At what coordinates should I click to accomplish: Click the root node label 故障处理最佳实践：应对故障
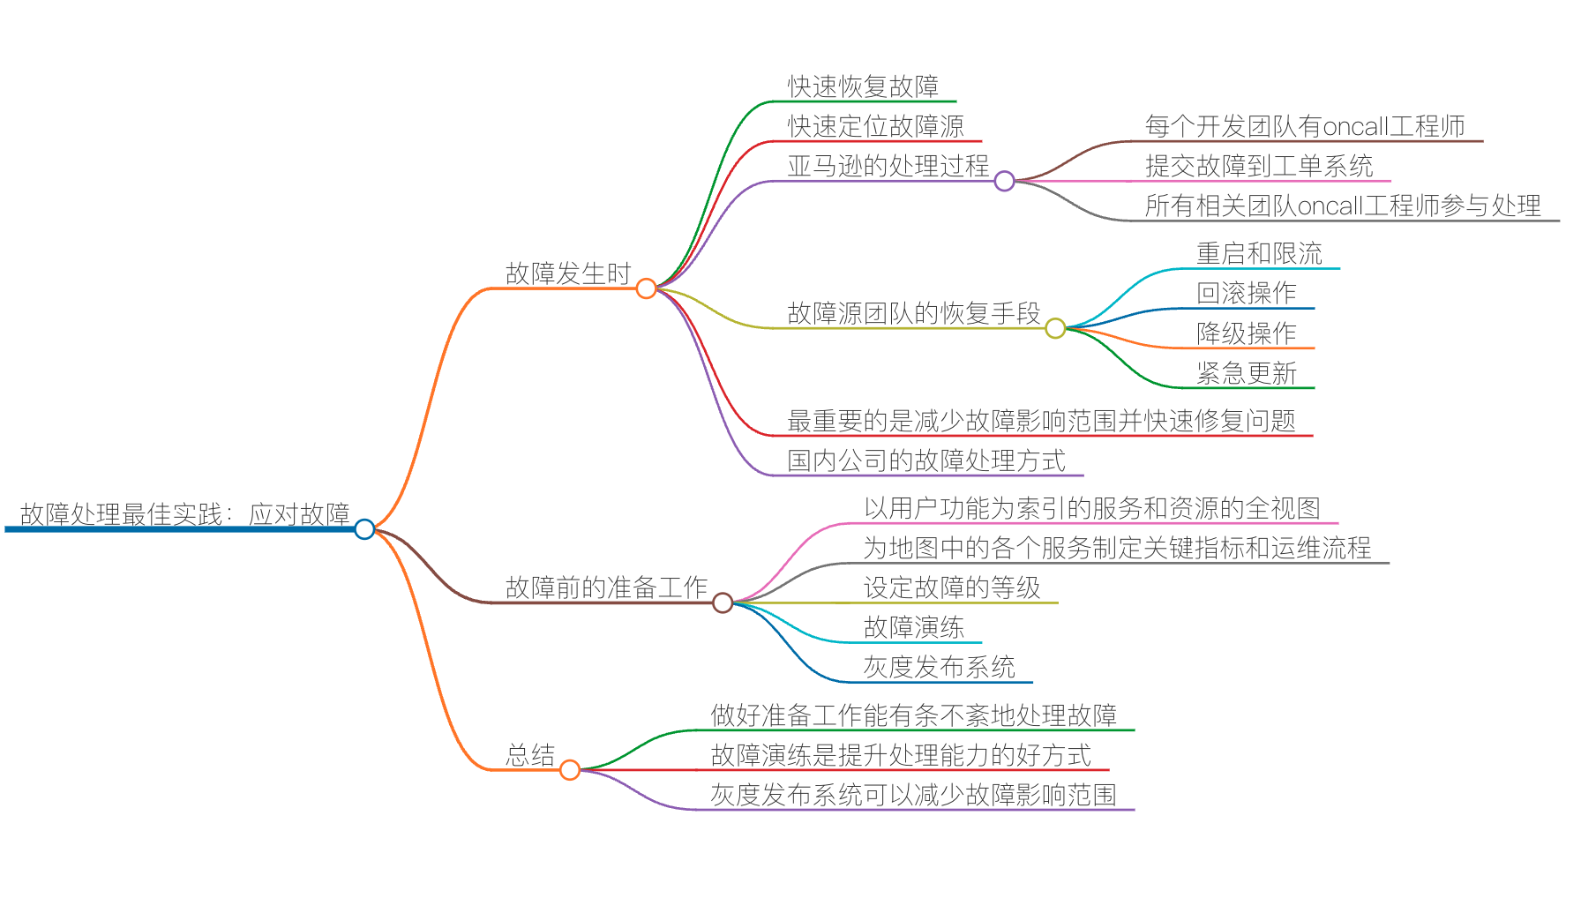pyautogui.click(x=184, y=514)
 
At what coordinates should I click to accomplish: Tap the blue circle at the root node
pyautogui.click(x=364, y=529)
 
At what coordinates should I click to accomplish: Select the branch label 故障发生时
pyautogui.click(x=568, y=273)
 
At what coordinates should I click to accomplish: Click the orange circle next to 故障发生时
pyautogui.click(x=646, y=288)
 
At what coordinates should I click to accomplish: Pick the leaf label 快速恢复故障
pyautogui.click(x=863, y=86)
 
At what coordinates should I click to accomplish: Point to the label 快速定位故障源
pyautogui.click(x=875, y=126)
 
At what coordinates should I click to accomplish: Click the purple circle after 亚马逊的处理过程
pyautogui.click(x=1004, y=182)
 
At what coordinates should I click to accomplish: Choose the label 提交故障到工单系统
pyautogui.click(x=1259, y=166)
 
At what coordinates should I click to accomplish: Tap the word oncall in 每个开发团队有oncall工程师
pyautogui.click(x=1356, y=126)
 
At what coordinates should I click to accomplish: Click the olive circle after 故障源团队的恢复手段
pyautogui.click(x=1055, y=328)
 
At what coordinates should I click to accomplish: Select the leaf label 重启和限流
pyautogui.click(x=1259, y=254)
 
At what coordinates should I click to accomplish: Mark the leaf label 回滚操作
pyautogui.click(x=1246, y=293)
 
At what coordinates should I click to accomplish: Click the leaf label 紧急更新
pyautogui.click(x=1246, y=373)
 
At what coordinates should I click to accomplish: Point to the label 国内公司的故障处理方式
pyautogui.click(x=926, y=460)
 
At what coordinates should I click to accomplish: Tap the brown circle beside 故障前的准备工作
pyautogui.click(x=723, y=602)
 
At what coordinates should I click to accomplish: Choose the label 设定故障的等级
pyautogui.click(x=952, y=587)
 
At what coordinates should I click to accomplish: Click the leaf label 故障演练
pyautogui.click(x=913, y=627)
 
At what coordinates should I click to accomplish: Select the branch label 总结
pyautogui.click(x=530, y=755)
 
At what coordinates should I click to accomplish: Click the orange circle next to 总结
pyautogui.click(x=570, y=770)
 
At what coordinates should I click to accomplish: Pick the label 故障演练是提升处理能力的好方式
pyautogui.click(x=901, y=755)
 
